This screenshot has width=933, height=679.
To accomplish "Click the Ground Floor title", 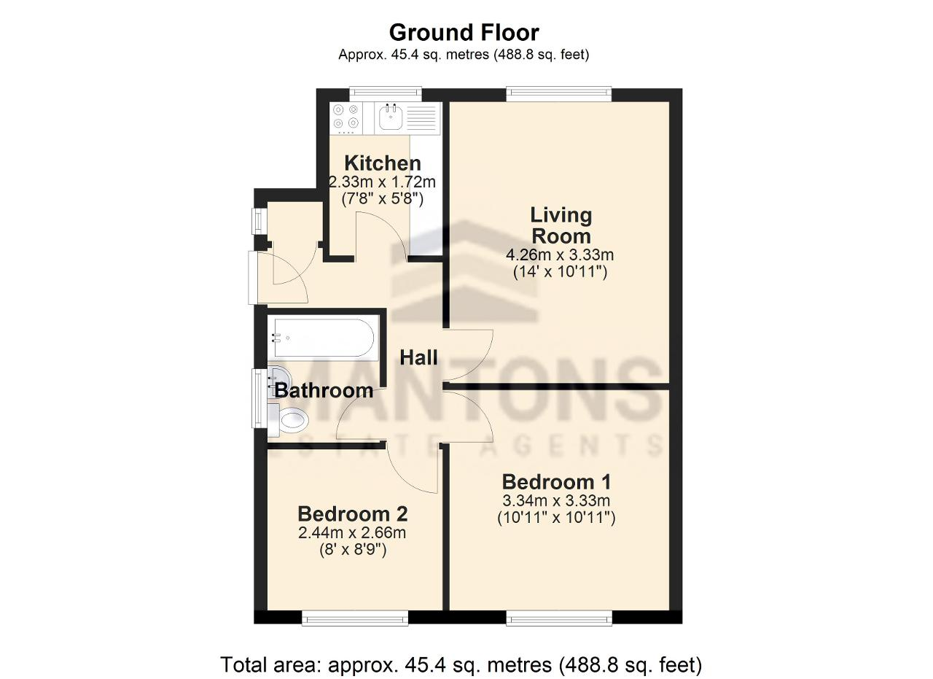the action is point(464,33).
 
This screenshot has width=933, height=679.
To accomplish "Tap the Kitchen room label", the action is point(383,163).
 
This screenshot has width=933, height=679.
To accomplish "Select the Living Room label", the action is point(561,225).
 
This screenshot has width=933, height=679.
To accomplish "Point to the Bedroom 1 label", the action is point(556,482).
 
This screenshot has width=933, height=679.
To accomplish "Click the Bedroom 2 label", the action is point(352,514).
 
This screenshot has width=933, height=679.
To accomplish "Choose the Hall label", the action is point(418,357).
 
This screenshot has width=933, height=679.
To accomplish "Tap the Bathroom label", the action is point(324,391).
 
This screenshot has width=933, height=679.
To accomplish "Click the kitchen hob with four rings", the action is point(346,118).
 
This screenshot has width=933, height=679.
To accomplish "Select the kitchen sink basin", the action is point(391,117).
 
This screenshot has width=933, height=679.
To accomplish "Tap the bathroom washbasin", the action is point(276,380).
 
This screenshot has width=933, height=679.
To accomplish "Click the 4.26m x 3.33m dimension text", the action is point(560,255).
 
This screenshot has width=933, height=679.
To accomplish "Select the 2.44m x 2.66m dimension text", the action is point(352,532).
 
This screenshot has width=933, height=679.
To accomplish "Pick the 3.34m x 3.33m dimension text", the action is point(556,500).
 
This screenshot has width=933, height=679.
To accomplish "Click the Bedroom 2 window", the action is point(355,618).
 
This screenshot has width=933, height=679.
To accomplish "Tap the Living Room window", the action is point(559,94).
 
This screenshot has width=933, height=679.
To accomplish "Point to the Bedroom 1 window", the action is point(559,618).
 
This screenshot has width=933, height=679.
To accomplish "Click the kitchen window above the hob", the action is point(386,94).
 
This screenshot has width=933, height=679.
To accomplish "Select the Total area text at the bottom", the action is point(461,665).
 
